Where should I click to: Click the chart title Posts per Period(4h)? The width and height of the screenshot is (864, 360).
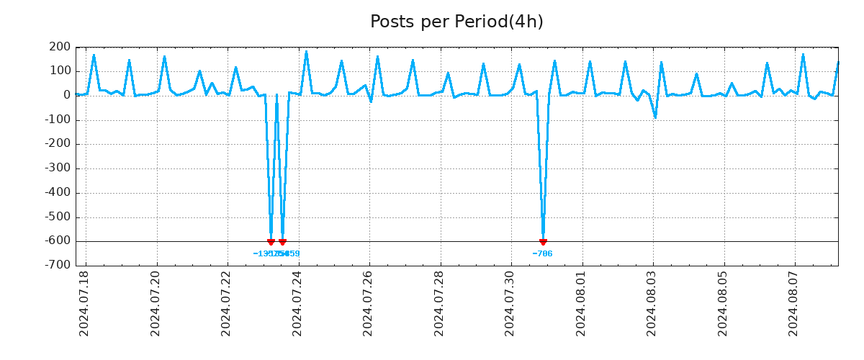(456, 22)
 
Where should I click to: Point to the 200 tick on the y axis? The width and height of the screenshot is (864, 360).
(60, 48)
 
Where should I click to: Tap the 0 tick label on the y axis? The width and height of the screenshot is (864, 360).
(67, 95)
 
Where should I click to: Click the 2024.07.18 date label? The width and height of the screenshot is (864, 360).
(84, 303)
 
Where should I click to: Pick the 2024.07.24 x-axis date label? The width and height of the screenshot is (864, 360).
(297, 303)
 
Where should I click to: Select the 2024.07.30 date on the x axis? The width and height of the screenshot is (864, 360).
(510, 303)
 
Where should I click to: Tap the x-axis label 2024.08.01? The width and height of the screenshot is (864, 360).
(581, 303)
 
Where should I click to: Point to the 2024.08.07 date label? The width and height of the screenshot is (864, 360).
(794, 303)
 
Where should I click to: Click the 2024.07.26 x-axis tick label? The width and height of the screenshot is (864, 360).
(368, 303)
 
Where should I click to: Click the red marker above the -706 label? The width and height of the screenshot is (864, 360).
(543, 242)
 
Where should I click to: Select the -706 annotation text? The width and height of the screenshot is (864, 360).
(542, 253)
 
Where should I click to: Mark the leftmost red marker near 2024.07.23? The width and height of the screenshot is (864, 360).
(271, 242)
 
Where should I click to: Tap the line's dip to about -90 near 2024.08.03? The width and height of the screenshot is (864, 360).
(655, 117)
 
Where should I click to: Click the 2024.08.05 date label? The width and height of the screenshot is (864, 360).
(723, 303)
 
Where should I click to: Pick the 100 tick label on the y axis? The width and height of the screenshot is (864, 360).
(60, 71)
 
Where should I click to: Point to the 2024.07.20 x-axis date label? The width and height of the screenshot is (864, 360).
(155, 303)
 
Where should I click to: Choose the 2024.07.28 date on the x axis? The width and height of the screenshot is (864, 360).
(439, 303)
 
